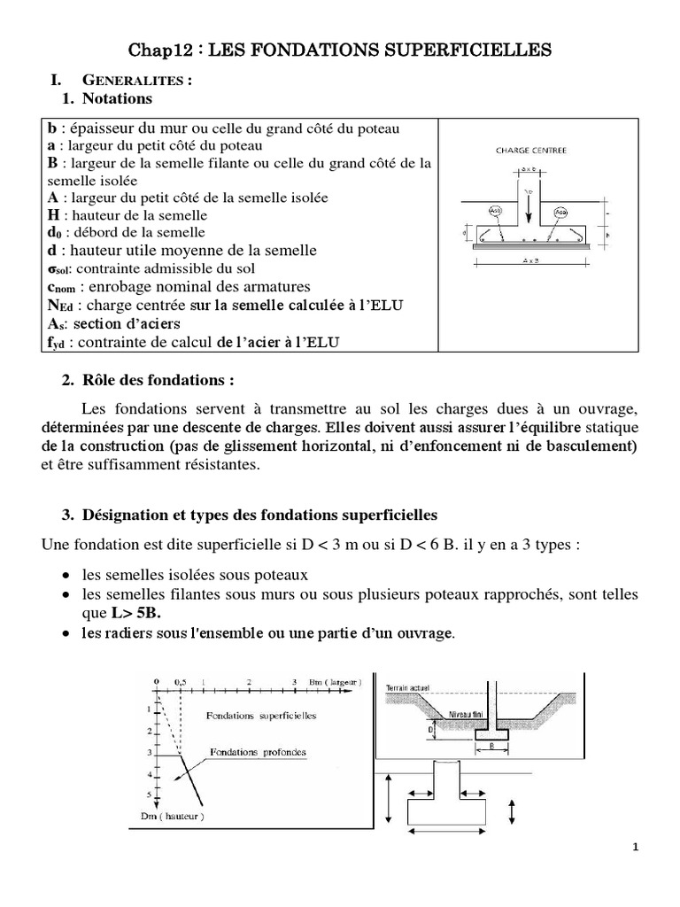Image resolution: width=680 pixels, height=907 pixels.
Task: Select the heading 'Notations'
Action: pos(117,98)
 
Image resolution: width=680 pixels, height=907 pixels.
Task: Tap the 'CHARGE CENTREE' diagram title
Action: pos(531,151)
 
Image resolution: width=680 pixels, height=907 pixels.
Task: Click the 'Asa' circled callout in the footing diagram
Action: pos(560,213)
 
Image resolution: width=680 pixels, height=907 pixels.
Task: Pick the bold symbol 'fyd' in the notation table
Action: pos(56,343)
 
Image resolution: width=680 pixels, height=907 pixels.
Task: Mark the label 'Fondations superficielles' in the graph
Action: pos(259,714)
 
